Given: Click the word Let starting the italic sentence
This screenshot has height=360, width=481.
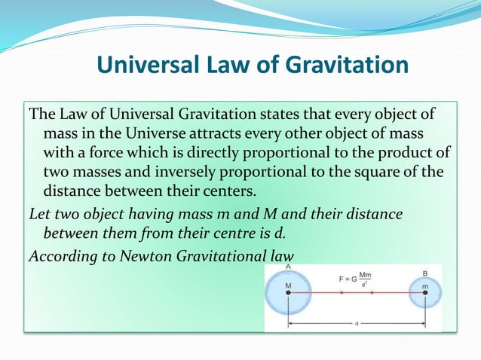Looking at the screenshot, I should [x=38, y=215].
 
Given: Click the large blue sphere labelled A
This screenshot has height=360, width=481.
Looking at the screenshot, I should [x=288, y=294].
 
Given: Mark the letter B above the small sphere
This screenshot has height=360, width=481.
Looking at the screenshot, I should [x=426, y=273].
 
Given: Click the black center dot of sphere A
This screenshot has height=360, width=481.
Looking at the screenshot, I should [x=288, y=294].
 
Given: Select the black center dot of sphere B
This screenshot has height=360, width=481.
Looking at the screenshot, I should [x=425, y=294].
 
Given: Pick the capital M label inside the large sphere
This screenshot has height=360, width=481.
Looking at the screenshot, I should [x=288, y=285].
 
